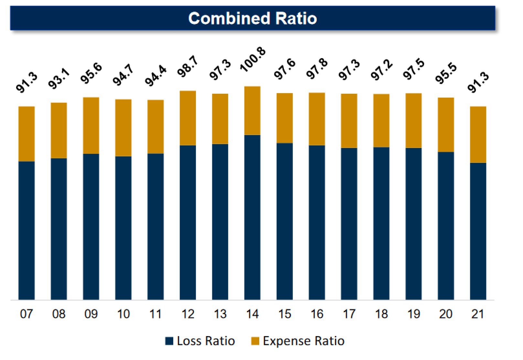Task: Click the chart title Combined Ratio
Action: coord(252,18)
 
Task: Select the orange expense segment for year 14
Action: coord(252,111)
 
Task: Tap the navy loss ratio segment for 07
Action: coord(27,230)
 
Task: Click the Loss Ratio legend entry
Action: coord(200,341)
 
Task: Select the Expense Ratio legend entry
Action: coord(298,341)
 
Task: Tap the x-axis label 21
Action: coord(478,314)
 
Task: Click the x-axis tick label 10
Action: coord(123,314)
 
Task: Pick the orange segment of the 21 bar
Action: coord(478,134)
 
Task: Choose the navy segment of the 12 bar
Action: coord(188,222)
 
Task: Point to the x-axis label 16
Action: coord(317,314)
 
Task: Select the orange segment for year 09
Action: coord(91,125)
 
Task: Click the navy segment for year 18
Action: coord(381,223)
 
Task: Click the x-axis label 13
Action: coord(220,314)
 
